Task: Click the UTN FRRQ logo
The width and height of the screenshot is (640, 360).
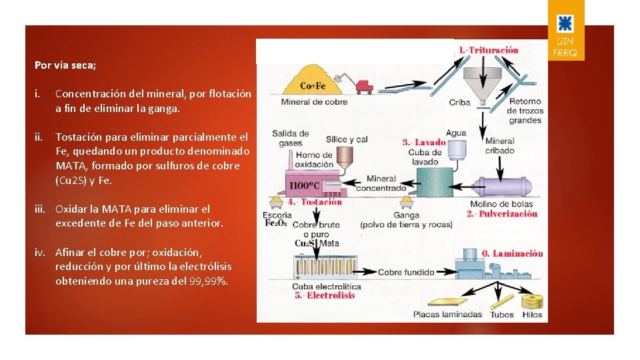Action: tap(566, 30)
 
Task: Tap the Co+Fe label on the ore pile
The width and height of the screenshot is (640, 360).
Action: tap(313, 85)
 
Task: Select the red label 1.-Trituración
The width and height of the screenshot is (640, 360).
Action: tap(488, 50)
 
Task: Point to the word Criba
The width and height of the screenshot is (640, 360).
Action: tap(459, 103)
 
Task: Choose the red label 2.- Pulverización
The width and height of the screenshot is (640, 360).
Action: tap(502, 214)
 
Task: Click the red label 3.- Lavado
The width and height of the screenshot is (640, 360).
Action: tap(424, 142)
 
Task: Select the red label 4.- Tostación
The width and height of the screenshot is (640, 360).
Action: tap(315, 202)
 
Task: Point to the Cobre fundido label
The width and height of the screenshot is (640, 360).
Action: tap(406, 273)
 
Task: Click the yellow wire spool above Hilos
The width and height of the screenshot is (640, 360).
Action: tap(532, 301)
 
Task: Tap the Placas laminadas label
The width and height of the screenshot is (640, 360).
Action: tap(447, 314)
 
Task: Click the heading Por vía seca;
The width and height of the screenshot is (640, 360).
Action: tap(65, 65)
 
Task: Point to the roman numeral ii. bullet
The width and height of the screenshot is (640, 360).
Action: tap(39, 137)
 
